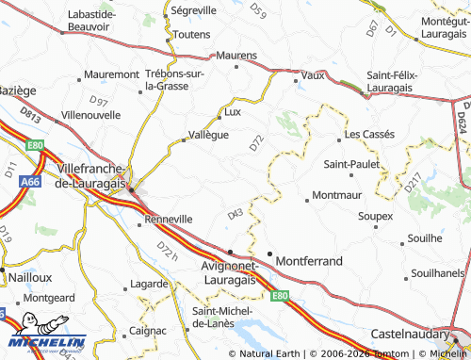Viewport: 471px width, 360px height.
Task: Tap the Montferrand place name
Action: point(309,257)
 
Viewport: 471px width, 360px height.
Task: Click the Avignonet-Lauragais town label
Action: point(217,271)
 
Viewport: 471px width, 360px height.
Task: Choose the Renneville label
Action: point(169,219)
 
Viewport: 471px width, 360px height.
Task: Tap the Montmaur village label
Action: point(336,196)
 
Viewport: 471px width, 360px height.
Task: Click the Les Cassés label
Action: point(368,135)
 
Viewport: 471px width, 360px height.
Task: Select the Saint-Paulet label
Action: point(352,164)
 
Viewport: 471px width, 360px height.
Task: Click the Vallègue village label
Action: point(209,136)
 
